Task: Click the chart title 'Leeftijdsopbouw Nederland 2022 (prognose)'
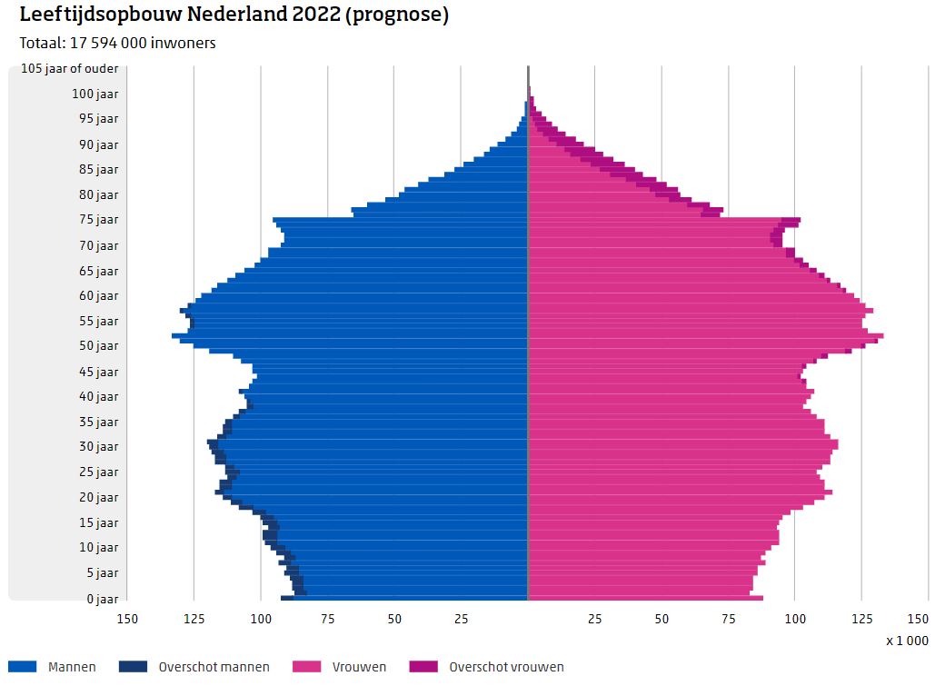(x=234, y=15)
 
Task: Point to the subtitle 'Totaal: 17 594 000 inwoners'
(x=117, y=43)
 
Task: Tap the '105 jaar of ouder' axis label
(x=69, y=69)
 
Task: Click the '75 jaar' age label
(x=99, y=220)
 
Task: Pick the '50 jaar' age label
(x=99, y=346)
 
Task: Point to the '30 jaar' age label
(x=99, y=447)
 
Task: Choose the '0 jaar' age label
(x=103, y=599)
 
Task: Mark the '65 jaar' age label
(x=99, y=271)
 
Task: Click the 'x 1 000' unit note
(x=907, y=641)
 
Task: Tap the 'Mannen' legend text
(x=72, y=667)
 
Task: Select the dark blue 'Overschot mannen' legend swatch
(x=133, y=667)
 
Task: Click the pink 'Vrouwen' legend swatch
(x=306, y=667)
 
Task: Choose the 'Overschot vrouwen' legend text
(x=506, y=667)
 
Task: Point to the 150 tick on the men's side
(x=127, y=619)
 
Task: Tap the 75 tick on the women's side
(x=728, y=619)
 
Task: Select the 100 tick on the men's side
(x=261, y=619)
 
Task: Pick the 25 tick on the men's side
(x=461, y=619)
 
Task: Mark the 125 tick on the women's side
(x=861, y=619)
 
